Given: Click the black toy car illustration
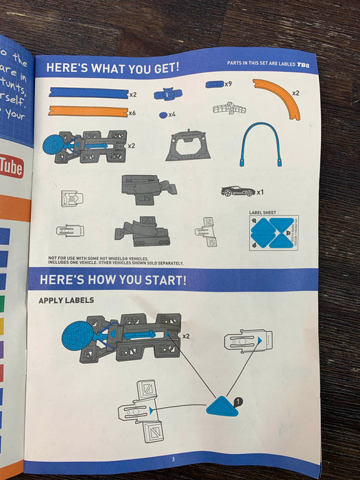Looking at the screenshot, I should pyautogui.click(x=237, y=191).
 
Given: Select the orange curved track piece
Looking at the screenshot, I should pyautogui.click(x=280, y=96).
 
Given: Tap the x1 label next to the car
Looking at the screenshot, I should pyautogui.click(x=261, y=193).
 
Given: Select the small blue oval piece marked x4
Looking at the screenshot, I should pyautogui.click(x=163, y=115).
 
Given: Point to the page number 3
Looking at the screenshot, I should pyautogui.click(x=173, y=459).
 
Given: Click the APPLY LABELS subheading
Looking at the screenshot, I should pyautogui.click(x=67, y=300).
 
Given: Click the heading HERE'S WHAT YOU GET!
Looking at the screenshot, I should pyautogui.click(x=112, y=68).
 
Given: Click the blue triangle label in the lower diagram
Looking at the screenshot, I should pyautogui.click(x=222, y=407).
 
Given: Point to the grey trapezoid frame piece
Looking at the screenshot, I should pyautogui.click(x=188, y=146).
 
